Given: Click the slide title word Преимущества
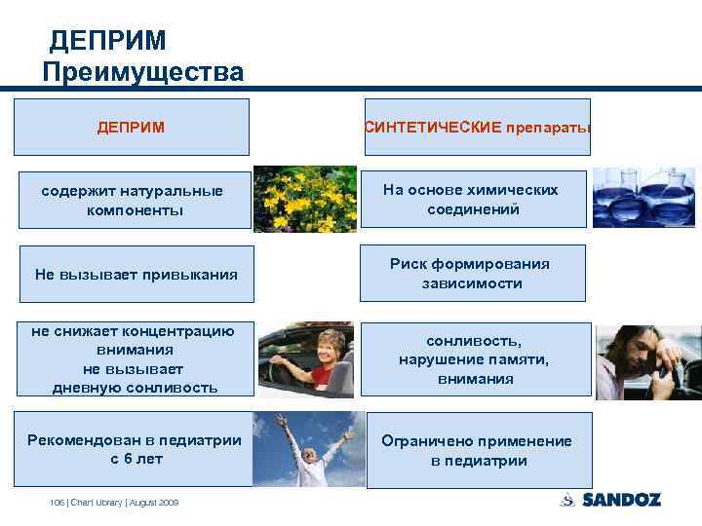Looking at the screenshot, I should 143,72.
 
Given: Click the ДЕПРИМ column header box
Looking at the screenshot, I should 131,127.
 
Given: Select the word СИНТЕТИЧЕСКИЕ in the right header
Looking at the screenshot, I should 433,127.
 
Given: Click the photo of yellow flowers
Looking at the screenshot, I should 304,199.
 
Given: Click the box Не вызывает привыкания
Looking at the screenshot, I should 136,274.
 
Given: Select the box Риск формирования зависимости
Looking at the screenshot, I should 472,273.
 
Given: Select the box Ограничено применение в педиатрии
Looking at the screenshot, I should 476,450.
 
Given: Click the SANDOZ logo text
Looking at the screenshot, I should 622,500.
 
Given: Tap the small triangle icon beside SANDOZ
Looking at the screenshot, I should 567,500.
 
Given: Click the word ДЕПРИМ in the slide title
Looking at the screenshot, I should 108,40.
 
